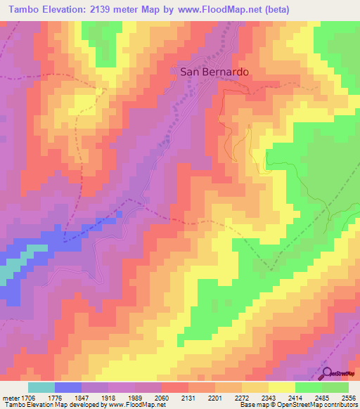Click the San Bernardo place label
pyautogui.click(x=214, y=72)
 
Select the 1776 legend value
pyautogui.click(x=67, y=398)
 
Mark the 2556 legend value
pyautogui.click(x=348, y=398)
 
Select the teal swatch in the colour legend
pyautogui.click(x=41, y=387)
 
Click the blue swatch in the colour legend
pyautogui.click(x=68, y=387)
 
